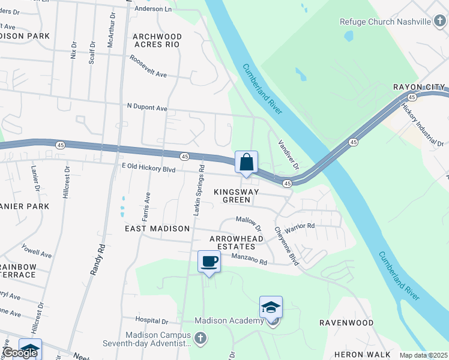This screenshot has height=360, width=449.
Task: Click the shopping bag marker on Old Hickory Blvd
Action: pos(246,163)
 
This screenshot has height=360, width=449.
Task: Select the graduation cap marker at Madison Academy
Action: pos(271,308)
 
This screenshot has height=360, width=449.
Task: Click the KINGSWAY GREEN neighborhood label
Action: pos(237,196)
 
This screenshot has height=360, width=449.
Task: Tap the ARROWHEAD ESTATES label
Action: pos(237,243)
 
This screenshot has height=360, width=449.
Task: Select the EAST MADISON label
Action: pos(157,229)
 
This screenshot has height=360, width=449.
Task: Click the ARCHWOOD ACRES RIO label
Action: pos(157,40)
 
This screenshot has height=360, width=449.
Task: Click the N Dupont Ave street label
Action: pos(147,108)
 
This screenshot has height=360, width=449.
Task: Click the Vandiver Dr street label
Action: pos(288,155)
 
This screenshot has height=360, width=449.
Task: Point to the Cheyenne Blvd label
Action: pos(286,246)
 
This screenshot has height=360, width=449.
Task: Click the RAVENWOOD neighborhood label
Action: pos(346,323)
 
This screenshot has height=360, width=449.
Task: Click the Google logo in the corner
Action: pos(19,353)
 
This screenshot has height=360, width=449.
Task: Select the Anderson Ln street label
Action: pos(153,9)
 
